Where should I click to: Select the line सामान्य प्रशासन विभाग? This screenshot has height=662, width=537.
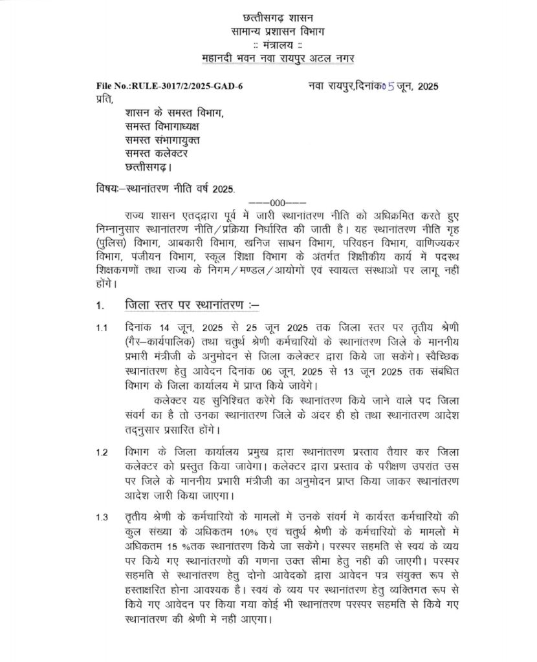coord(268,31)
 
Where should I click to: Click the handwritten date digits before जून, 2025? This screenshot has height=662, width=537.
coord(387,86)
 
